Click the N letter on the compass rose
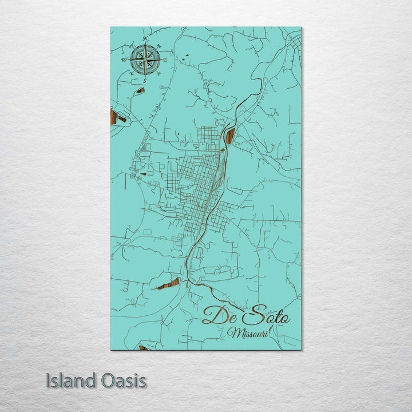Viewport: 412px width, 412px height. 145,39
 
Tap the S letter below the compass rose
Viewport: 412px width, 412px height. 145,81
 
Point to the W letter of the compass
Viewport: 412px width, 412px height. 123,60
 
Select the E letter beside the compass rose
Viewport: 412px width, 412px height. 166,60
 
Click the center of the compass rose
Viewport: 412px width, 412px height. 145,60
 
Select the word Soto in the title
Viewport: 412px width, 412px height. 266,316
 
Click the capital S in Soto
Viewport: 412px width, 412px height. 252,315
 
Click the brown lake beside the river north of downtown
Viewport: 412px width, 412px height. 230,136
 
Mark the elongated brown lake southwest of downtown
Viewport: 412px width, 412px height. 169,284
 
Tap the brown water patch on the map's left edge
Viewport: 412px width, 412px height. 113,117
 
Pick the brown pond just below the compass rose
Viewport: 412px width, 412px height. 140,90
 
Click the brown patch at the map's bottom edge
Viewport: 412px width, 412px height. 142,347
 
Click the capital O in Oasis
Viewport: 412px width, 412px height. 104,381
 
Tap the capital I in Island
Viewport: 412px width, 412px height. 48,381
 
